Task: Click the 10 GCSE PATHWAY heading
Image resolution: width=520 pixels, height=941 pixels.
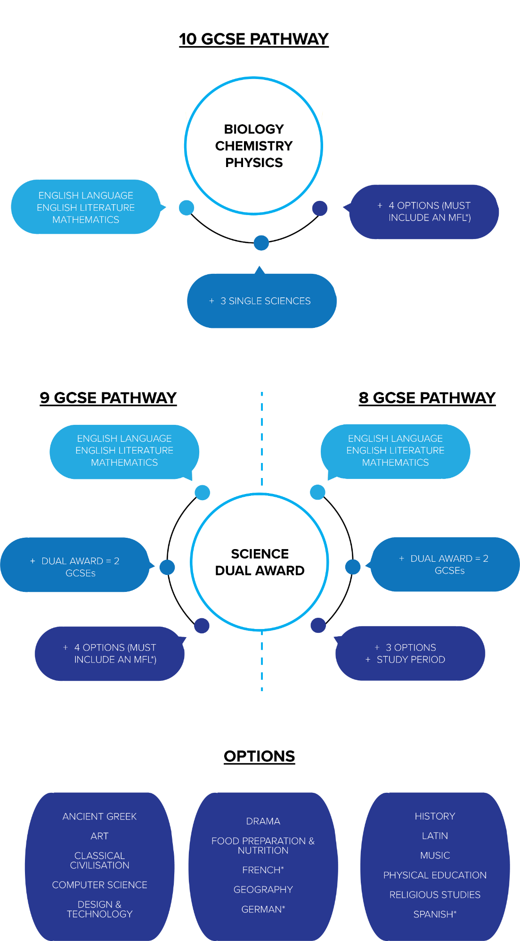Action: click(253, 39)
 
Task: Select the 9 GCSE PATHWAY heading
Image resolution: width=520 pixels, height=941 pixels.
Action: click(108, 398)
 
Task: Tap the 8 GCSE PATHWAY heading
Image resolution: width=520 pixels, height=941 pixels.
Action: click(427, 398)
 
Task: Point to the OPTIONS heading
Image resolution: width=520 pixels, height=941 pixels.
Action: click(259, 757)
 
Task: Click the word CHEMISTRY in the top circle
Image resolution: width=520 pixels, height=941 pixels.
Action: click(254, 146)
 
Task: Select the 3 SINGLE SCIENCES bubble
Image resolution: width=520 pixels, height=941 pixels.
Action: click(261, 301)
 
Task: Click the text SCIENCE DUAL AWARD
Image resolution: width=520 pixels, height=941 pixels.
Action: click(260, 562)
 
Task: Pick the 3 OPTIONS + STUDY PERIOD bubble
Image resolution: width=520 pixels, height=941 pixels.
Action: click(410, 654)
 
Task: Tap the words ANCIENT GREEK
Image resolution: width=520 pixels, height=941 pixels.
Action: click(99, 817)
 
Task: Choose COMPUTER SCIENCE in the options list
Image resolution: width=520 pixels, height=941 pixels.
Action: click(99, 885)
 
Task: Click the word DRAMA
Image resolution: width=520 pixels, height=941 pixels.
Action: click(263, 821)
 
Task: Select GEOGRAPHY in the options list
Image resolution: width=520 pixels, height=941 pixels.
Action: click(263, 890)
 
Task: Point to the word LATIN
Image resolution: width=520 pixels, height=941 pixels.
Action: click(435, 836)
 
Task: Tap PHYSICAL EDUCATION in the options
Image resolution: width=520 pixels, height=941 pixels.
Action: click(435, 875)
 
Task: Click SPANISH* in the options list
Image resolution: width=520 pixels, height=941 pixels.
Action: click(435, 915)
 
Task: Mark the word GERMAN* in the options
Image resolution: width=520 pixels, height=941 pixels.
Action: click(263, 909)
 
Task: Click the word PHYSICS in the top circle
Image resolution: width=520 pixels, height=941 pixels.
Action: click(254, 163)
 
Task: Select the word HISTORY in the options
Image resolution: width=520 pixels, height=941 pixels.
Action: click(435, 816)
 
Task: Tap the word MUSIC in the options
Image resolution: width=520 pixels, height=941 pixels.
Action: click(435, 855)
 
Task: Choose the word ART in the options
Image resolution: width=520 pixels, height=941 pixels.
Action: click(99, 836)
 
